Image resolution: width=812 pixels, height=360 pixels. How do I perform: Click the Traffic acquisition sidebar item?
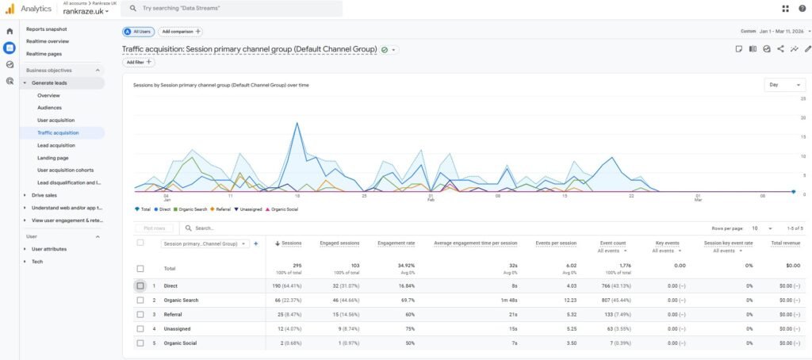point(58,132)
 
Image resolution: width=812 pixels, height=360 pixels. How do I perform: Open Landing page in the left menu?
point(53,158)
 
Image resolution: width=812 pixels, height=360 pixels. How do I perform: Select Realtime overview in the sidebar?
point(47,40)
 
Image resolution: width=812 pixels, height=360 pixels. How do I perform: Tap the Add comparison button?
point(180,32)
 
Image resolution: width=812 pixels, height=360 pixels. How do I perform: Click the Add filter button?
point(139,62)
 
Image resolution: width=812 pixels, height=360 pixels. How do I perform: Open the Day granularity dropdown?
point(784,84)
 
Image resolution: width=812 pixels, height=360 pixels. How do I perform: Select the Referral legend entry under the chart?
point(221,209)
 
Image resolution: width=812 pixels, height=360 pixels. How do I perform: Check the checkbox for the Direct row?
point(140,285)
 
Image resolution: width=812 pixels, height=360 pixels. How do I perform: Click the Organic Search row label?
point(181,300)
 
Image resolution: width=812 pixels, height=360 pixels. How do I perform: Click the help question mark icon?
point(802,9)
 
